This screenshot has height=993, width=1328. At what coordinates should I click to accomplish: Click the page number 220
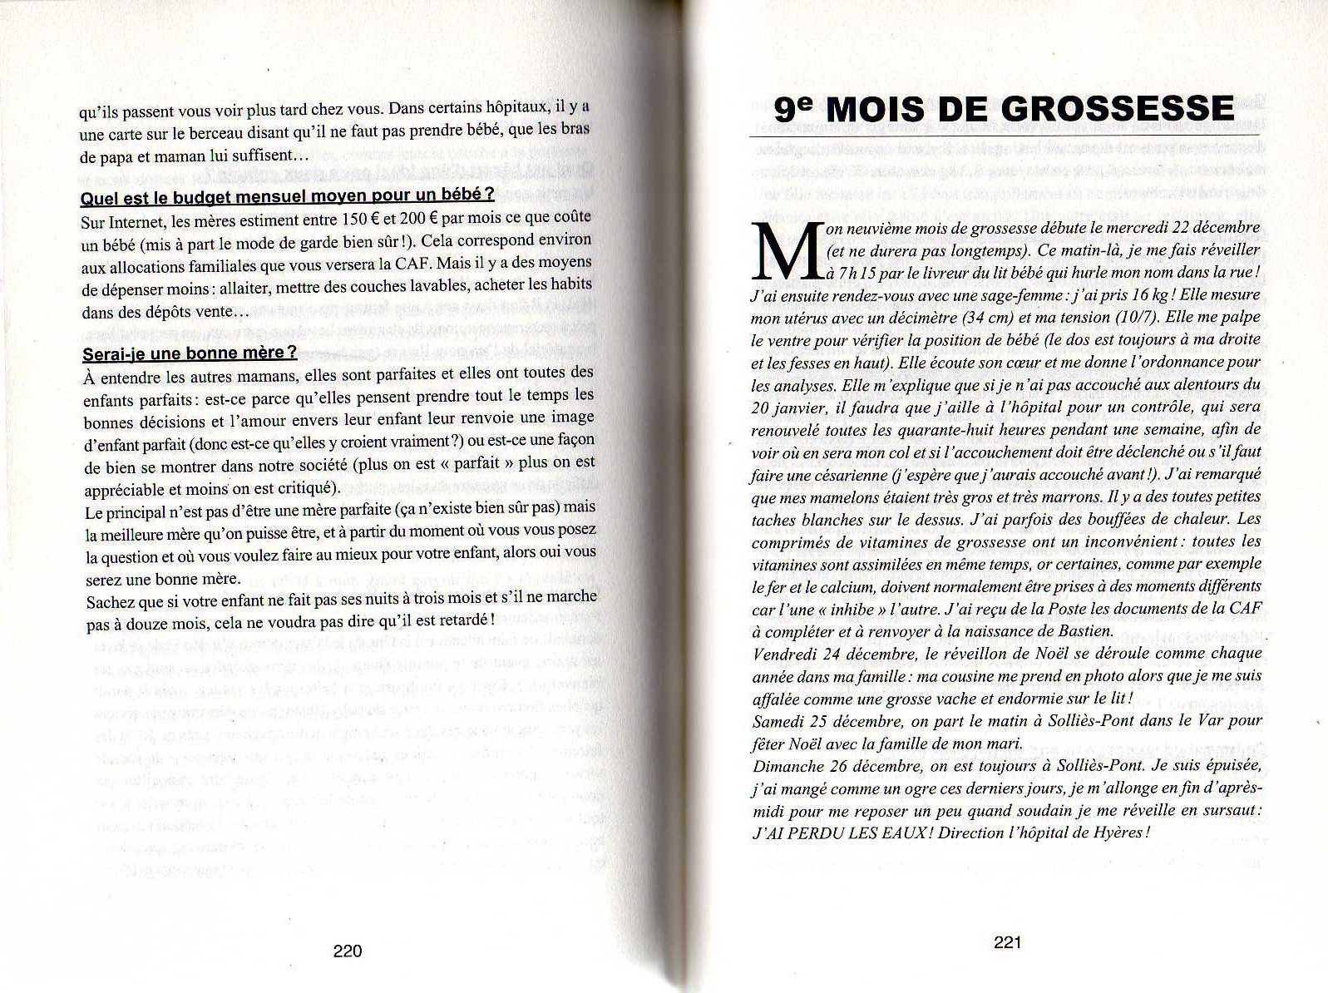coord(348,951)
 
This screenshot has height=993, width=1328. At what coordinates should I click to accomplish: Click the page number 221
coord(1007,942)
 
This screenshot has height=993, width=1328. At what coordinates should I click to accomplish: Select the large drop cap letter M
coord(787,251)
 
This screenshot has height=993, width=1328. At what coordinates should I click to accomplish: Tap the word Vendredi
coord(784,654)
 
